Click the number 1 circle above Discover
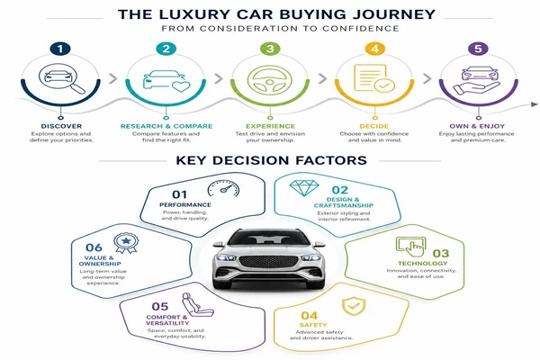(60, 49)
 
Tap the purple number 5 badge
(479, 49)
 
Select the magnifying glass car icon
(62, 78)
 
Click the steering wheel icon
(270, 80)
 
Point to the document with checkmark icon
(374, 78)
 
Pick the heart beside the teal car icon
(181, 86)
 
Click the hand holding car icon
(477, 80)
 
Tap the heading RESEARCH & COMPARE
(166, 126)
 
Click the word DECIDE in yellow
(374, 126)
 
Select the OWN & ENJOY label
(477, 126)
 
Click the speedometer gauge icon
(223, 189)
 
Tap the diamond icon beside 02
(304, 188)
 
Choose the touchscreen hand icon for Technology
(411, 247)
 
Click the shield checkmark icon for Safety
(354, 306)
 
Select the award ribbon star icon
(126, 243)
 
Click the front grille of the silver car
(268, 262)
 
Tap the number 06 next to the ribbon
(94, 247)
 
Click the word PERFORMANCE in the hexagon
(185, 204)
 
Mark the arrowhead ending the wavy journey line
(534, 104)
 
